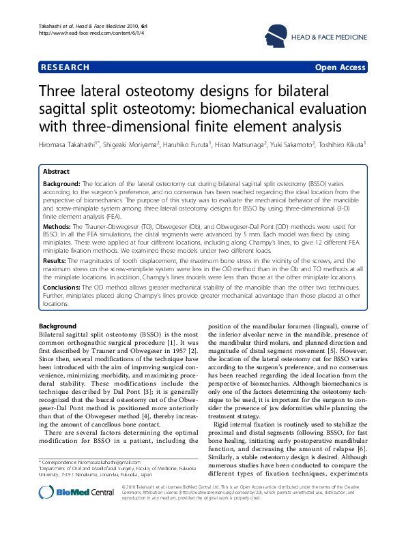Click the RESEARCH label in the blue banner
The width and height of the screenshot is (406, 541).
click(66, 67)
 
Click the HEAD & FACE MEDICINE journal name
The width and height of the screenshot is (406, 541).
click(330, 37)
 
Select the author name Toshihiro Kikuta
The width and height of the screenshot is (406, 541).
click(339, 144)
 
